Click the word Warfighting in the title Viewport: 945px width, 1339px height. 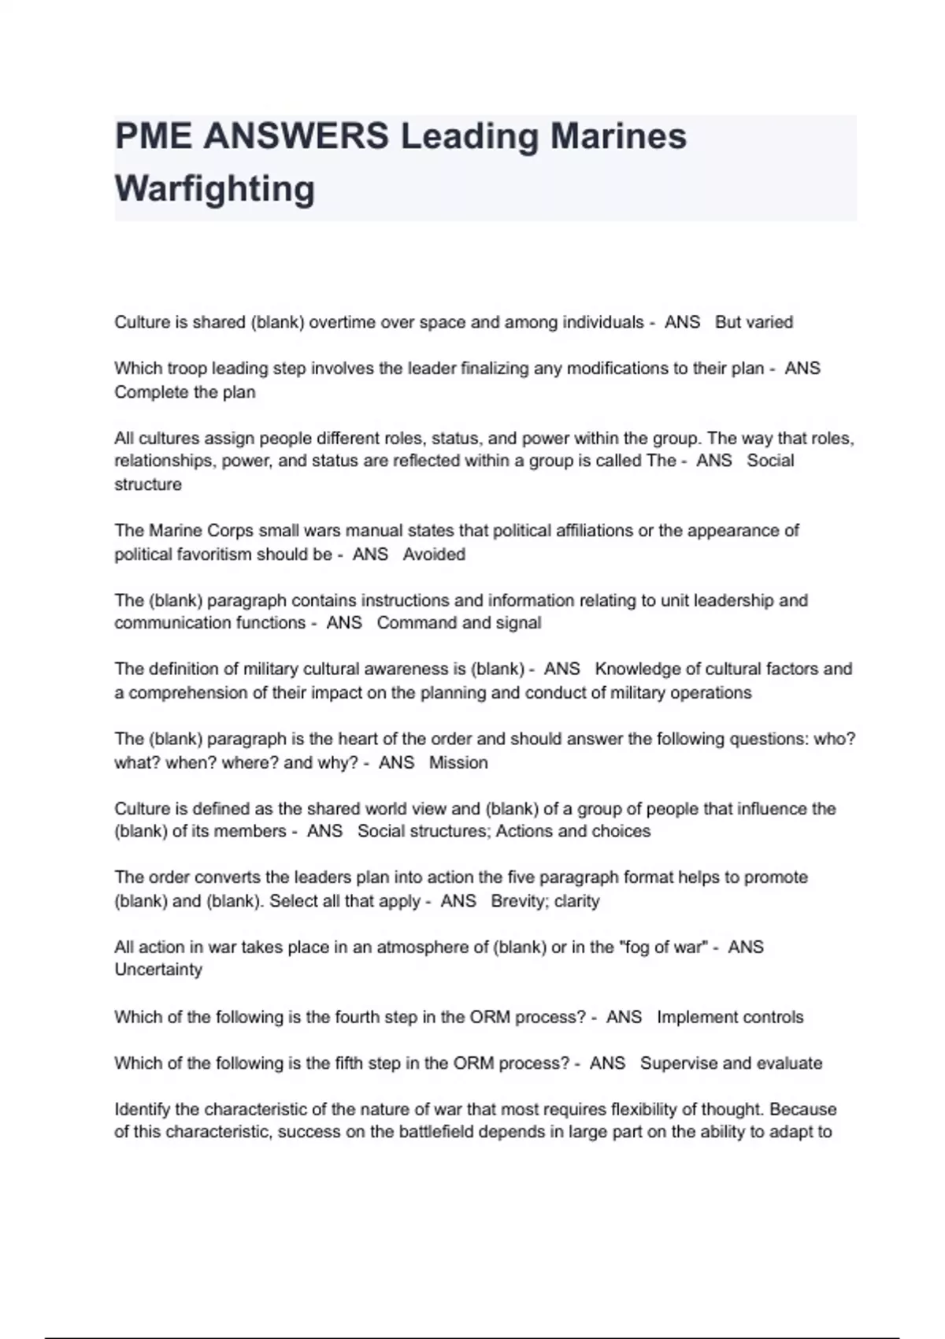(x=214, y=189)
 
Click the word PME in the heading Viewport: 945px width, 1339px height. (x=153, y=136)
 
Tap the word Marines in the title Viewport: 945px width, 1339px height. (x=618, y=136)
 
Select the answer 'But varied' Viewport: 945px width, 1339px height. (x=754, y=322)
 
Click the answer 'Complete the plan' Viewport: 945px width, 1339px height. (x=185, y=392)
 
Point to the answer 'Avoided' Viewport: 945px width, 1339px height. (x=434, y=555)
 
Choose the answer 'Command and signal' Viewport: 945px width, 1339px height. (x=459, y=623)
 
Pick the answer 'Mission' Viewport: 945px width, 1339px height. (x=458, y=762)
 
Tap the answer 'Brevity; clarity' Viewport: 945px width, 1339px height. (x=545, y=901)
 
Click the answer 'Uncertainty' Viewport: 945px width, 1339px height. (x=158, y=970)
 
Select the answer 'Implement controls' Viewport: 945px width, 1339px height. (x=730, y=1017)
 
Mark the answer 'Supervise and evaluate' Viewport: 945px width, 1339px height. (x=731, y=1063)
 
